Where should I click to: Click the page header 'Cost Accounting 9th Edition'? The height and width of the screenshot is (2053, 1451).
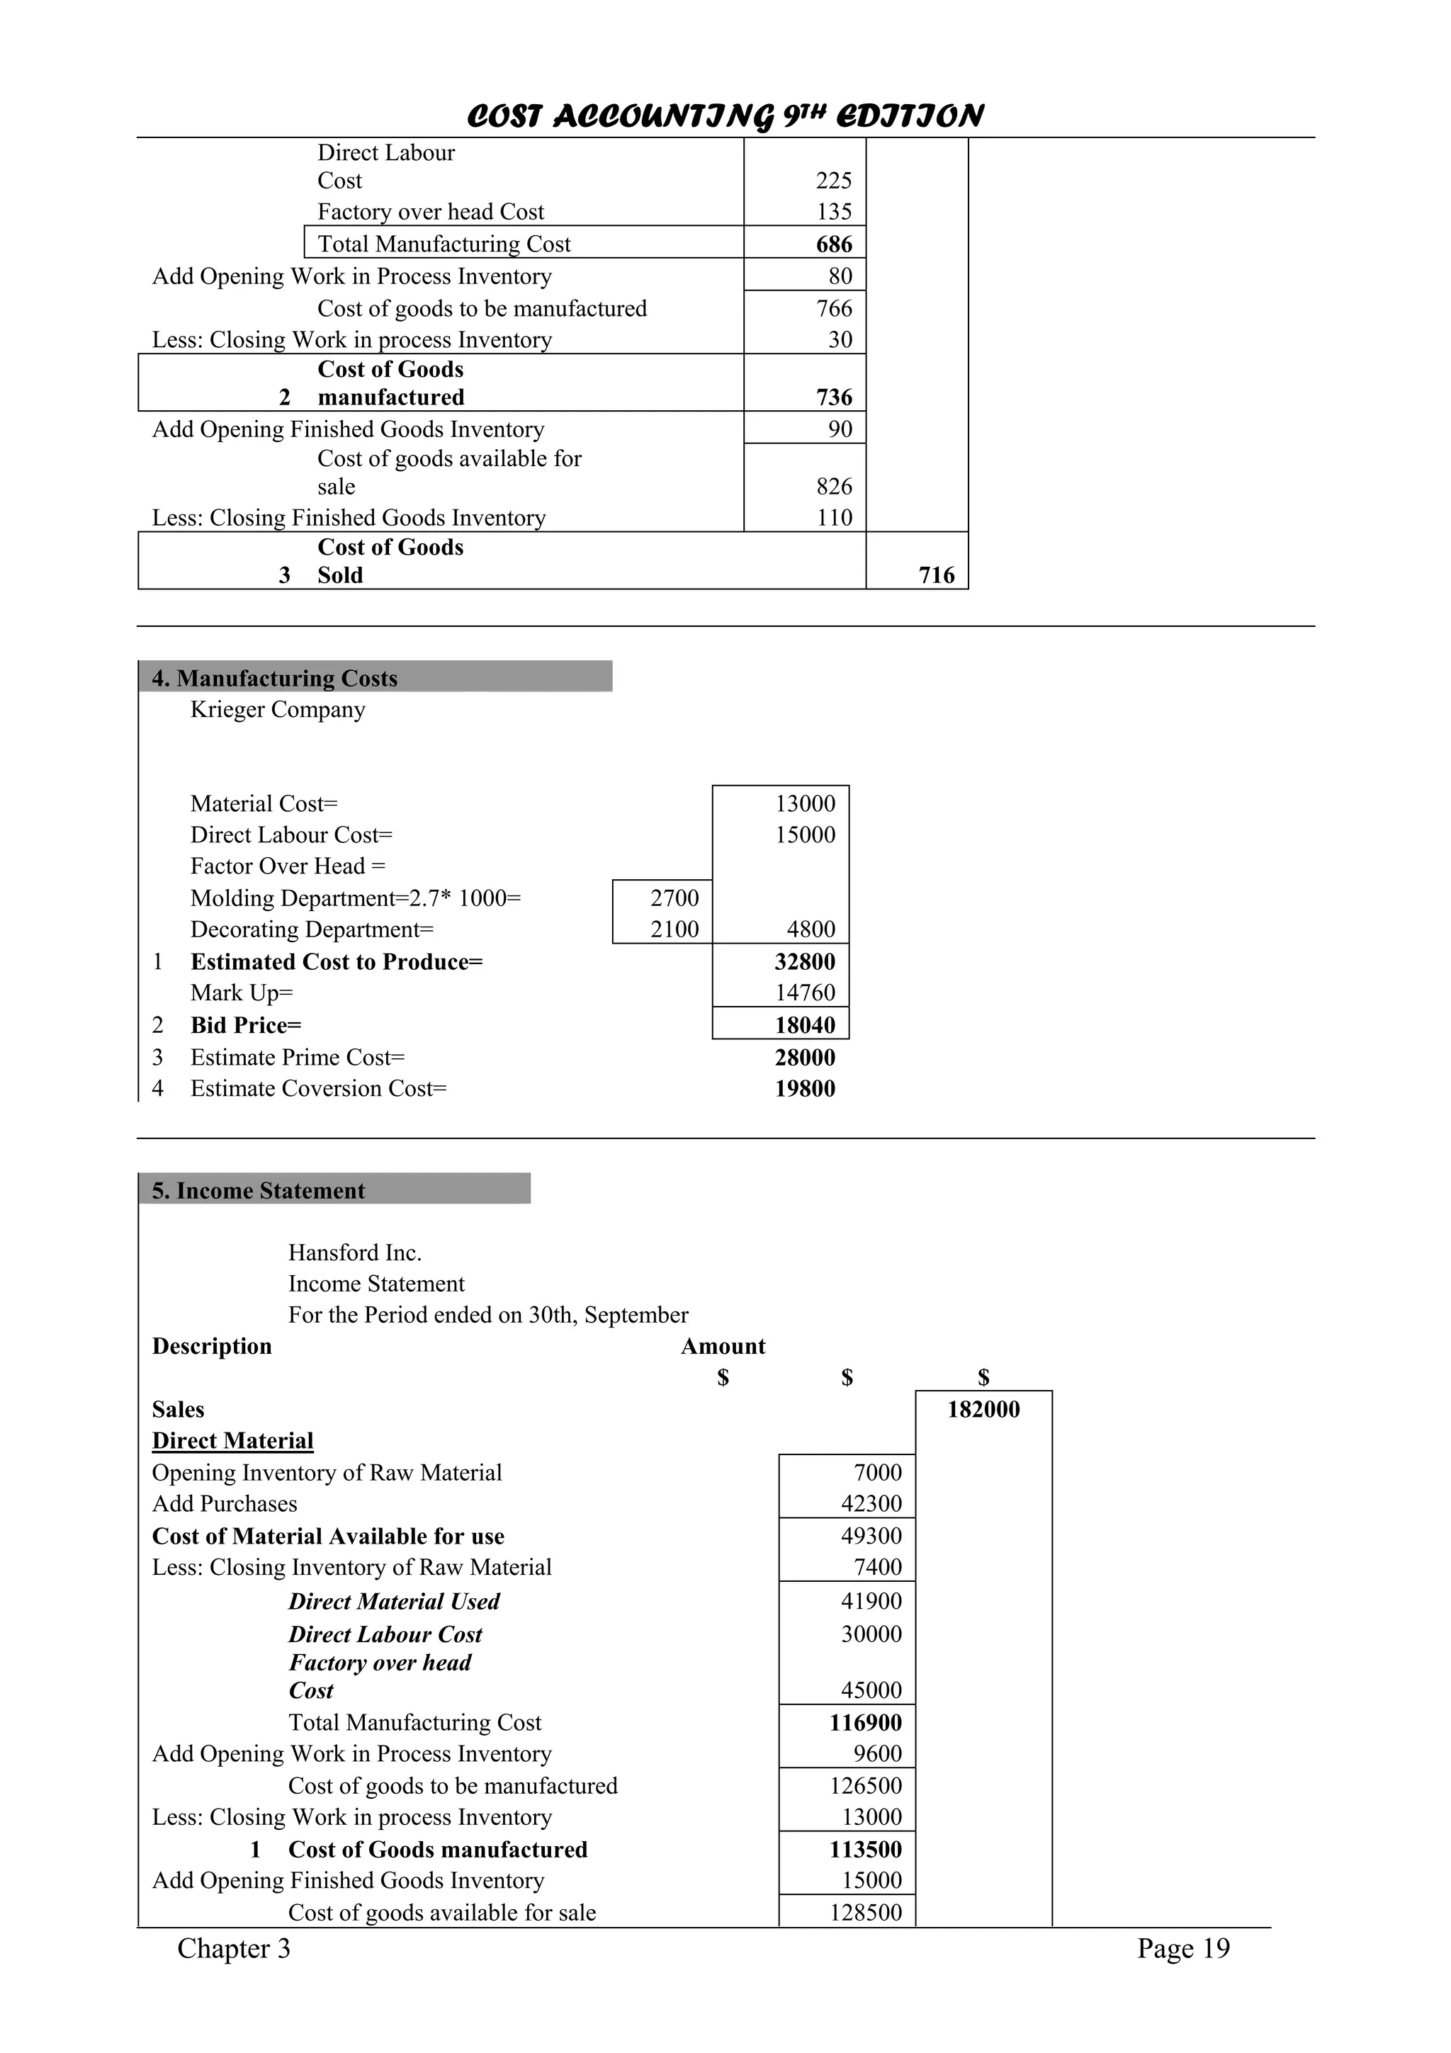[x=725, y=116]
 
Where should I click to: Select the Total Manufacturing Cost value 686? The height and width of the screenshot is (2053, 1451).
[x=833, y=244]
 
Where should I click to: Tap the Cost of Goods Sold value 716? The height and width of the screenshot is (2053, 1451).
[x=936, y=575]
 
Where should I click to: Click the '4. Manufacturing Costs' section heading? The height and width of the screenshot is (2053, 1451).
[x=274, y=678]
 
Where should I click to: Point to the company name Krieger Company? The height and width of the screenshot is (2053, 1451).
[x=277, y=709]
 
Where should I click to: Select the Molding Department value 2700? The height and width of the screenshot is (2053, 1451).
[x=674, y=898]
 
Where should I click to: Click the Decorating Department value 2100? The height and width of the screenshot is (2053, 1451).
[x=674, y=929]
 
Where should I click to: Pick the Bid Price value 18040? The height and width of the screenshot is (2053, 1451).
[x=805, y=1024]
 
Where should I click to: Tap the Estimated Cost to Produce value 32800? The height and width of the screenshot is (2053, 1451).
[x=805, y=961]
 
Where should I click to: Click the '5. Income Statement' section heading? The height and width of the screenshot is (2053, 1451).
[x=259, y=1190]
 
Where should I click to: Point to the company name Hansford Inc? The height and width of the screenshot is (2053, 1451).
[x=354, y=1252]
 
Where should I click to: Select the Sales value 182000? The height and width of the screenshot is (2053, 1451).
[x=983, y=1409]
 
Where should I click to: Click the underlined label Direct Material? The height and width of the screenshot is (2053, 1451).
[x=232, y=1440]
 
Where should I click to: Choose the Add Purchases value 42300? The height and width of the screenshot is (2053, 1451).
[x=870, y=1503]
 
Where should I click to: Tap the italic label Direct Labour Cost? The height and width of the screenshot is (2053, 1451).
[x=385, y=1634]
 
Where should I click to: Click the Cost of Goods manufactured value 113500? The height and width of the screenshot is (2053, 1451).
[x=864, y=1849]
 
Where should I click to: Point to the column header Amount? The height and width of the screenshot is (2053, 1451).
[x=723, y=1346]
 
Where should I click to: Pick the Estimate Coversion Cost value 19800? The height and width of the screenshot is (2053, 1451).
[x=805, y=1088]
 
